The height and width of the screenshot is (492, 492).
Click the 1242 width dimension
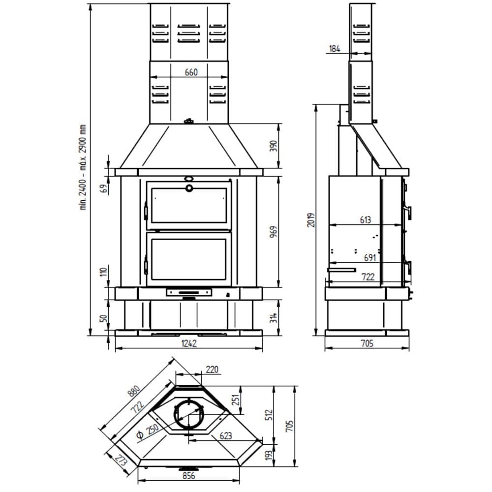[189, 343]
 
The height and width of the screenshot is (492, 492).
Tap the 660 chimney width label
[191, 72]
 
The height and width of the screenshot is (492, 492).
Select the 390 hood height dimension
[274, 146]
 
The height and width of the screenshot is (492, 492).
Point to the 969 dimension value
[274, 232]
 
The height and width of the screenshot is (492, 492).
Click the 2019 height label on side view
[310, 220]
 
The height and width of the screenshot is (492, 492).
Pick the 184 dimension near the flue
[335, 49]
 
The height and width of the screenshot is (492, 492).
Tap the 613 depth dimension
[365, 220]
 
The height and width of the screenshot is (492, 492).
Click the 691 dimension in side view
[370, 258]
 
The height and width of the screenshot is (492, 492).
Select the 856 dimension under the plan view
[189, 475]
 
